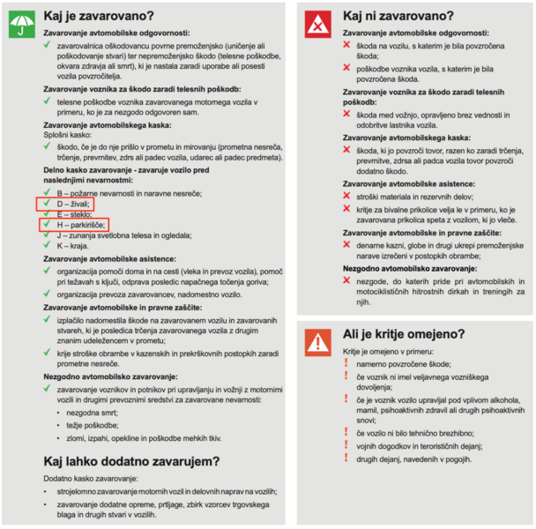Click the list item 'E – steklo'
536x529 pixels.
tap(77, 213)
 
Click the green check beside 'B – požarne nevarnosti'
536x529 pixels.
tap(46, 191)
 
